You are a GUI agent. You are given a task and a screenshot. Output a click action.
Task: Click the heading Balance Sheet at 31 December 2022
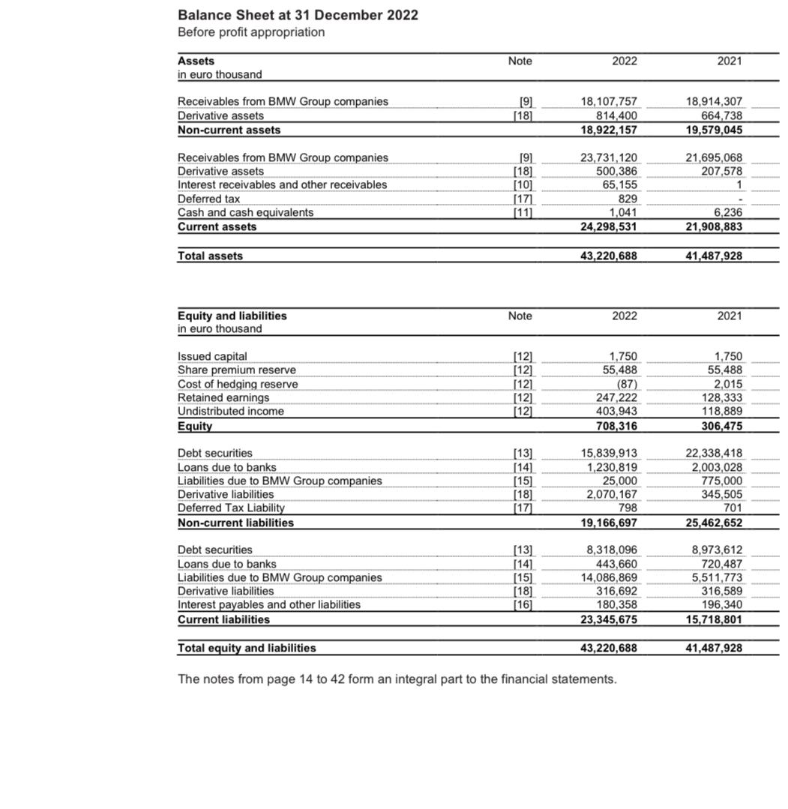(298, 15)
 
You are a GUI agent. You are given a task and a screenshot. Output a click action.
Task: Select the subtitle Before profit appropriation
(251, 32)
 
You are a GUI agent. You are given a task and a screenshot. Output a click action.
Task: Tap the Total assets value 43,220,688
(609, 256)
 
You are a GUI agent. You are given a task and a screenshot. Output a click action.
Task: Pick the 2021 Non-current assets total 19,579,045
(714, 130)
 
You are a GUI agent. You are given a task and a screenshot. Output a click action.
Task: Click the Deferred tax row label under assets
(208, 199)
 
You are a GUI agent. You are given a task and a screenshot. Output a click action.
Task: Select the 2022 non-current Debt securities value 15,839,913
(609, 453)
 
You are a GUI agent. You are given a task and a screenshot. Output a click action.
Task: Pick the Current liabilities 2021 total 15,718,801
(714, 619)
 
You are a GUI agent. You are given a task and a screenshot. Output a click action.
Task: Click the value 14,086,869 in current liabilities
(609, 577)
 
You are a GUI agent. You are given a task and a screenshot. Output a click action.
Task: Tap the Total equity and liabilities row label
(247, 648)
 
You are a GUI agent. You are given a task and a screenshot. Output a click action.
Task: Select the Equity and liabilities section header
(232, 316)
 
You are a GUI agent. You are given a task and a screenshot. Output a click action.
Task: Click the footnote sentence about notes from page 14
(397, 679)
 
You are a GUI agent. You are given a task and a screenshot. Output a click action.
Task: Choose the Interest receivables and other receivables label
(282, 184)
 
